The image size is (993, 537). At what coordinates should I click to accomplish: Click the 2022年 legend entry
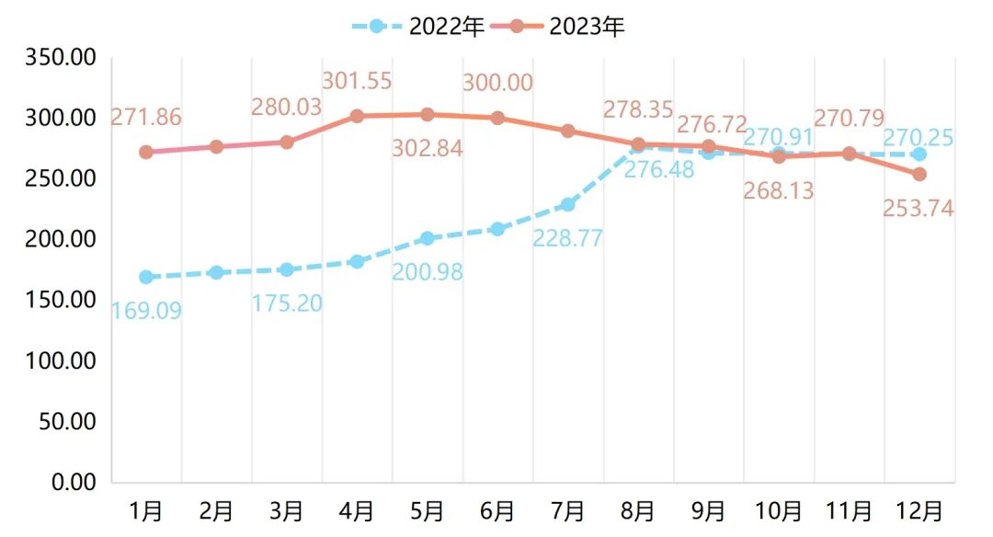418,27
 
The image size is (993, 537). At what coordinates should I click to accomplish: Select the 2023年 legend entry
561,27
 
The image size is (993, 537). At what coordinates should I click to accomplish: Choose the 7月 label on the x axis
567,510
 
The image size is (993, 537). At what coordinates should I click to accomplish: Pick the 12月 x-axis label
919,510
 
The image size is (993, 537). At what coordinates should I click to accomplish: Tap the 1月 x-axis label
145,510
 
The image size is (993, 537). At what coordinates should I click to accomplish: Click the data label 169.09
145,311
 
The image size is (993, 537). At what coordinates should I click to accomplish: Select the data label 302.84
427,148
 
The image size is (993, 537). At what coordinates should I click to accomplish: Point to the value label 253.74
918,209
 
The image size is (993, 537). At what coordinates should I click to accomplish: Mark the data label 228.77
567,239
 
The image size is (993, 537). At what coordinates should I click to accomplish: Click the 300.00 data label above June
497,83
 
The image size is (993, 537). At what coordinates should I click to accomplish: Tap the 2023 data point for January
145,152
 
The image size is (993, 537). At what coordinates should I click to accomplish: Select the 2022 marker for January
145,277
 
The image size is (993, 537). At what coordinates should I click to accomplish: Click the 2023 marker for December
919,174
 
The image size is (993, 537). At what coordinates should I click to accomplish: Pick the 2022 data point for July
567,204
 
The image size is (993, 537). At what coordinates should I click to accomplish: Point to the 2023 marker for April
357,116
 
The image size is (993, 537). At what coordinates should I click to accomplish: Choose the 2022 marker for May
427,238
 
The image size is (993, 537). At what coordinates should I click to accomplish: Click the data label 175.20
287,303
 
